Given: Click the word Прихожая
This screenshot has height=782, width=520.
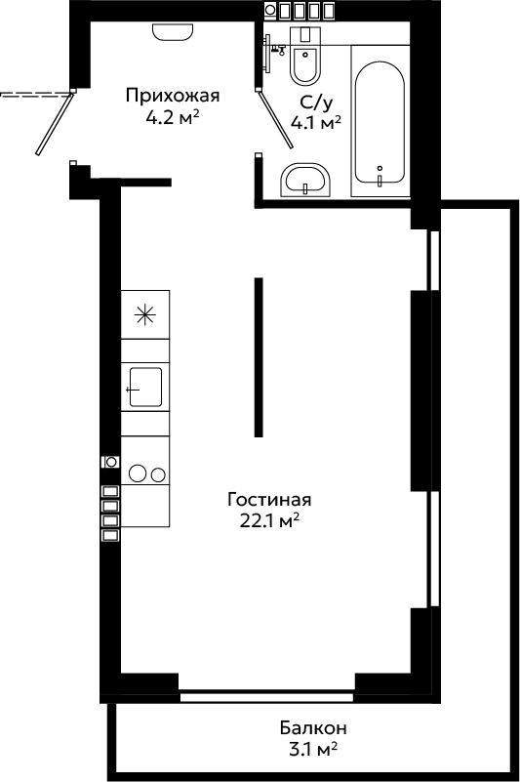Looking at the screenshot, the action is (173, 96).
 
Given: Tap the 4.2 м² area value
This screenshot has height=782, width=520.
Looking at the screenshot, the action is (173, 118).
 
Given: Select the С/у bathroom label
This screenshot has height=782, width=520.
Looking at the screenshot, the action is (315, 103).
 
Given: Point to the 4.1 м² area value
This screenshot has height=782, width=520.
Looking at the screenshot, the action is (315, 122).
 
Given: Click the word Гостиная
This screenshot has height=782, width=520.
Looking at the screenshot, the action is (269, 499).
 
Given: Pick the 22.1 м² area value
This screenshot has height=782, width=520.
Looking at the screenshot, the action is (269, 520).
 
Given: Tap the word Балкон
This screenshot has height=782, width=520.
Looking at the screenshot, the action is (313, 727).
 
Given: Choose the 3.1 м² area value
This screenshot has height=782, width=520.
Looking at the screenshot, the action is (313, 749).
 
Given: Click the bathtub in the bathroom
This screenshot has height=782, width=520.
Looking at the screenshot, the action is (380, 123).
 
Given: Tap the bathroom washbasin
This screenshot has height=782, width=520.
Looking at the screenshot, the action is (305, 180).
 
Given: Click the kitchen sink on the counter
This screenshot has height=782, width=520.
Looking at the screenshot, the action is (145, 387).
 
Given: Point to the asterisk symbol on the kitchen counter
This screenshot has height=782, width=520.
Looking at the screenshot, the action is (145, 314).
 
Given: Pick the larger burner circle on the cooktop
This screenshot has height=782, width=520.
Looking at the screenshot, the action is (138, 473).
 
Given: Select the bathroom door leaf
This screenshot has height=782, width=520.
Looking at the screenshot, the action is (276, 119).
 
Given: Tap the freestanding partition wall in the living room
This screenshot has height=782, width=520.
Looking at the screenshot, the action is (259, 357).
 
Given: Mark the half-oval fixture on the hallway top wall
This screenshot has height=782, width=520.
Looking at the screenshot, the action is (173, 32).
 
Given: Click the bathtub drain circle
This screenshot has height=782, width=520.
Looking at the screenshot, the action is (380, 168).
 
